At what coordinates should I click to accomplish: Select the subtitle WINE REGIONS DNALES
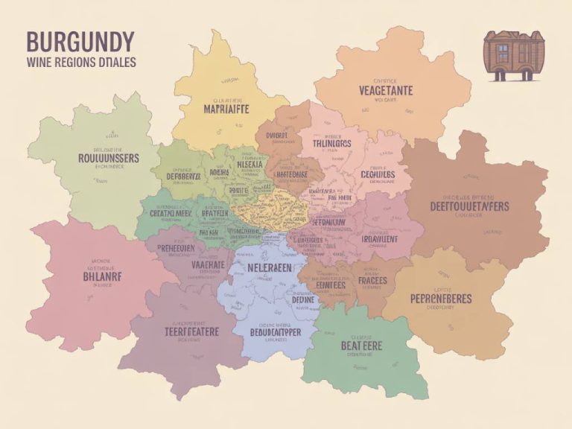coord(80,63)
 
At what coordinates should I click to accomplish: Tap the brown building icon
coord(509,55)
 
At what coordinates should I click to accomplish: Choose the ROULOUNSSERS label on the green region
coord(108,158)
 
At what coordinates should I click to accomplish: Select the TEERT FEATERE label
coord(182,332)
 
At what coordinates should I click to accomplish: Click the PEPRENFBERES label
coord(441,299)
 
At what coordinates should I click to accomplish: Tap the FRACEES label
coord(375,282)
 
